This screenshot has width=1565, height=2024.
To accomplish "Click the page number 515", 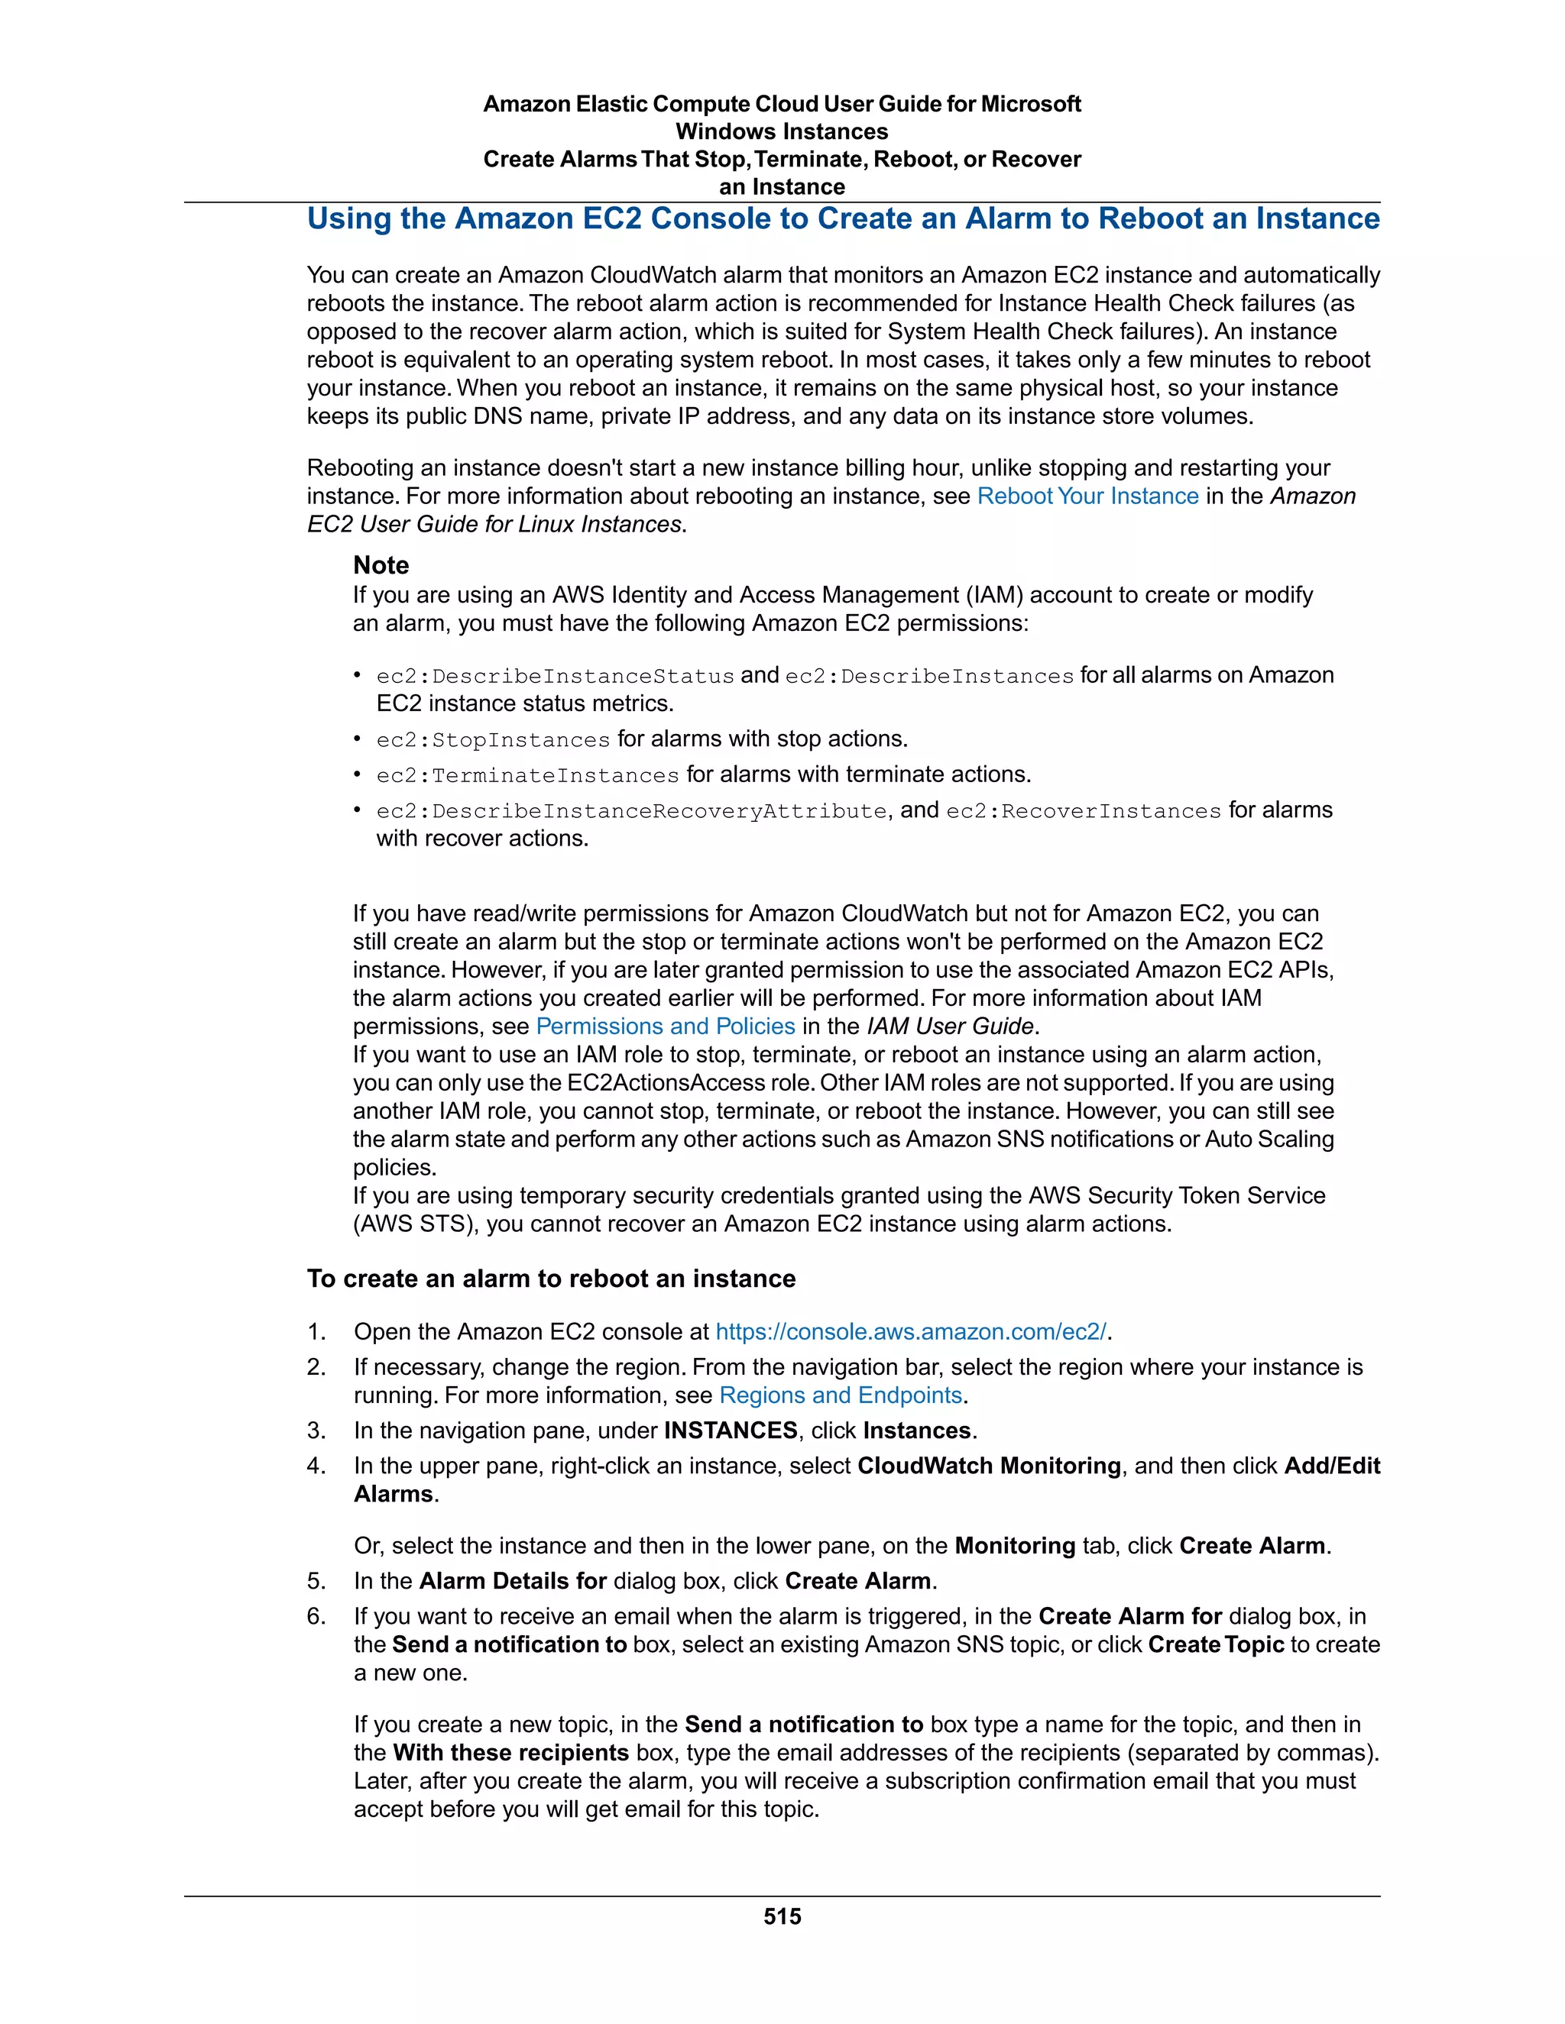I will pyautogui.click(x=782, y=1916).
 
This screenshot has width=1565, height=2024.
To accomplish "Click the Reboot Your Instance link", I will pyautogui.click(x=1087, y=496).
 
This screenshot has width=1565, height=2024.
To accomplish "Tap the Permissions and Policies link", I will pyautogui.click(x=665, y=1026).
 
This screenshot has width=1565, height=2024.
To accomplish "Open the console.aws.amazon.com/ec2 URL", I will pyautogui.click(x=910, y=1332).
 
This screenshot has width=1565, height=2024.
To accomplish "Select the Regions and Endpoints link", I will pyautogui.click(x=841, y=1395).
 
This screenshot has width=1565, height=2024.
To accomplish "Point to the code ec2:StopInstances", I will pyautogui.click(x=493, y=739).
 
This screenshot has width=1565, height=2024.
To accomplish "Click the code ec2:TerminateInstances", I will pyautogui.click(x=527, y=774).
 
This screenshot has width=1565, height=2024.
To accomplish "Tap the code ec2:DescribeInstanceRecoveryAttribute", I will pyautogui.click(x=631, y=811).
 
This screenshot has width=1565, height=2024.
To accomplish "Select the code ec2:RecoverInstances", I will pyautogui.click(x=1083, y=811).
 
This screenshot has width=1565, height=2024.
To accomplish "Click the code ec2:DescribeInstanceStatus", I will pyautogui.click(x=556, y=677).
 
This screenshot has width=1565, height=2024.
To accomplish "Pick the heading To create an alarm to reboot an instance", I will pyautogui.click(x=551, y=1279).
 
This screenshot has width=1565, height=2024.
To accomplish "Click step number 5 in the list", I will pyautogui.click(x=316, y=1581).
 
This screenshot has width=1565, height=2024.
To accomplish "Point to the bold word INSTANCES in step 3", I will pyautogui.click(x=731, y=1430).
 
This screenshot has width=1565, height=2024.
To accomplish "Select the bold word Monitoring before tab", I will pyautogui.click(x=1014, y=1546).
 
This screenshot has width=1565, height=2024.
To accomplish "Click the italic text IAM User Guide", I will pyautogui.click(x=949, y=1026).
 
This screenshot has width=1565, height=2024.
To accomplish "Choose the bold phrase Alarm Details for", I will pyautogui.click(x=513, y=1581).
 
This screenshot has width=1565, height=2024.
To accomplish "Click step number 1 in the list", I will pyautogui.click(x=316, y=1332).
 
